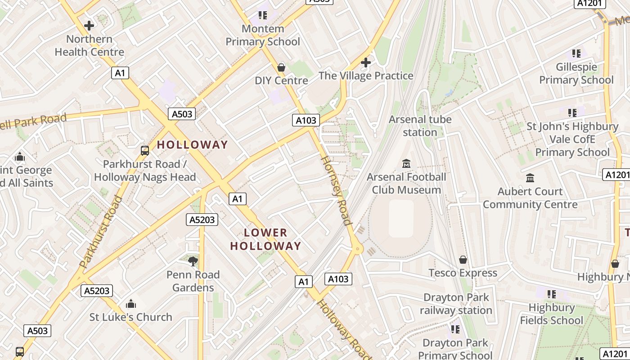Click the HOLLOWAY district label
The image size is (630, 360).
click(192, 145)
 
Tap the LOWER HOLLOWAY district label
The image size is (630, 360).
click(265, 239)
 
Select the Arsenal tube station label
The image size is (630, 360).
click(420, 126)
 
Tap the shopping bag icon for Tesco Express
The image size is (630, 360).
click(463, 260)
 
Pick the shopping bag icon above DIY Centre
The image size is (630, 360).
click(281, 67)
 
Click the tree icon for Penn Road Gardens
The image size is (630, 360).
click(193, 261)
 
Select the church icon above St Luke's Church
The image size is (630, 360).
click(131, 304)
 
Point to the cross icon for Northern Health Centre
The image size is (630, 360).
click(89, 26)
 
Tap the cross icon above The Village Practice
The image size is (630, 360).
click(366, 63)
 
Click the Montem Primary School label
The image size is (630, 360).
click(263, 35)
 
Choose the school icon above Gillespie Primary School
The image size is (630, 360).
click(576, 54)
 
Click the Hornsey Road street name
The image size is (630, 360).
click(335, 190)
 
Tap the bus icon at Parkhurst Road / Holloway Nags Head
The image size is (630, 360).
click(145, 151)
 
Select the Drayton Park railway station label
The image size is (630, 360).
click(456, 304)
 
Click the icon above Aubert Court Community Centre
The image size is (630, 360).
click(530, 178)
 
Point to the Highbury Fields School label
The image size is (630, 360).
click(552, 314)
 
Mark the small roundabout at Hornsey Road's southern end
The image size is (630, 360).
click(358, 248)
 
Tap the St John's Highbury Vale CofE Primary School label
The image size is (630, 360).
click(572, 139)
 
